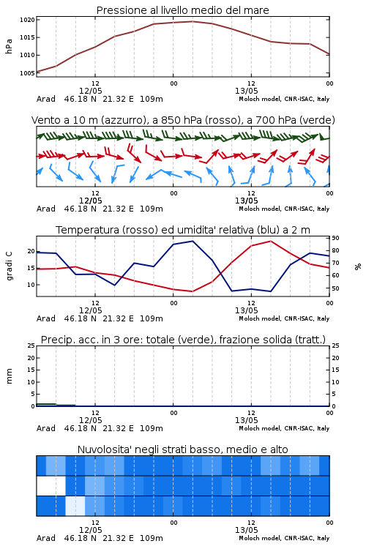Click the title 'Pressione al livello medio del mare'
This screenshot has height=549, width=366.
click(182, 10)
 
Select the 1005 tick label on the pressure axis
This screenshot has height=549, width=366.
click(27, 73)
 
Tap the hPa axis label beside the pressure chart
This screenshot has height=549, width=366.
click(9, 46)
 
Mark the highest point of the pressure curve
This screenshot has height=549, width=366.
click(193, 21)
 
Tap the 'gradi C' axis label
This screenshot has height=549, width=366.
click(9, 266)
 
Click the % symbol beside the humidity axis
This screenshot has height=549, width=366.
click(358, 266)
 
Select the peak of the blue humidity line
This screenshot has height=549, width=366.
click(193, 241)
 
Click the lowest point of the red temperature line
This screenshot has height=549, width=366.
click(193, 291)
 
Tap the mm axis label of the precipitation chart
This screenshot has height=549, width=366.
click(9, 376)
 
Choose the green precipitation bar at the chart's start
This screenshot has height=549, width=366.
click(46, 405)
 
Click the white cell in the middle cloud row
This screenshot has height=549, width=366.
click(51, 485)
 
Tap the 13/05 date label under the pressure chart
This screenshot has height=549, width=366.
click(246, 91)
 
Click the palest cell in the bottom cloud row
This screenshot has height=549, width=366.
click(75, 506)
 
